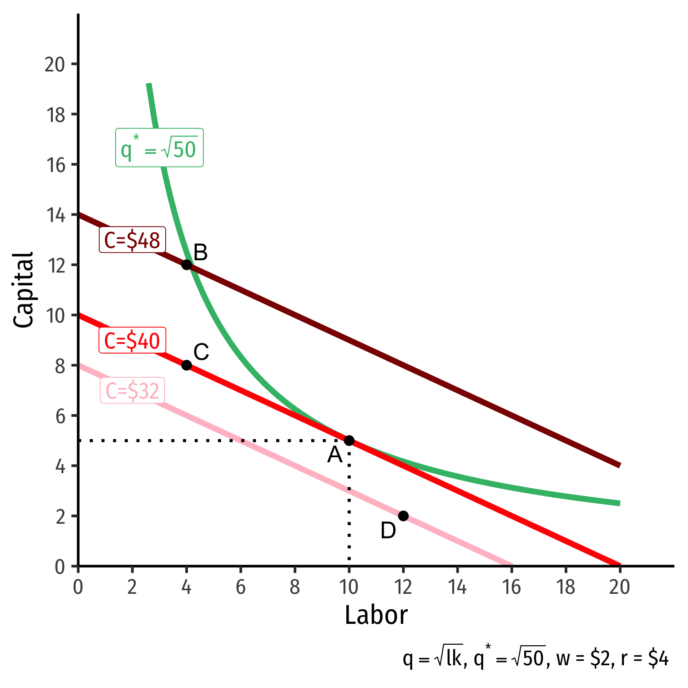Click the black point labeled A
coord(349,440)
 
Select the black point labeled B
coord(187,264)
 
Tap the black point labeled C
coord(187,365)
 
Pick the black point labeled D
coord(403,516)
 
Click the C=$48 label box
coord(132,240)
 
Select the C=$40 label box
coord(132,340)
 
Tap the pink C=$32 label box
coord(132,390)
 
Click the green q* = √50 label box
coord(159,148)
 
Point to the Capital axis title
coord(24,290)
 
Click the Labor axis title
coord(376,615)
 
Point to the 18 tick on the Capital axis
coord(56,115)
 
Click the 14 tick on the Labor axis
coord(457,587)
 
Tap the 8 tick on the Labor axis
coord(295,587)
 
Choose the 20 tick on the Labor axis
coord(619,587)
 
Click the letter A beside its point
coord(335,455)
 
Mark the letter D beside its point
coord(388,531)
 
